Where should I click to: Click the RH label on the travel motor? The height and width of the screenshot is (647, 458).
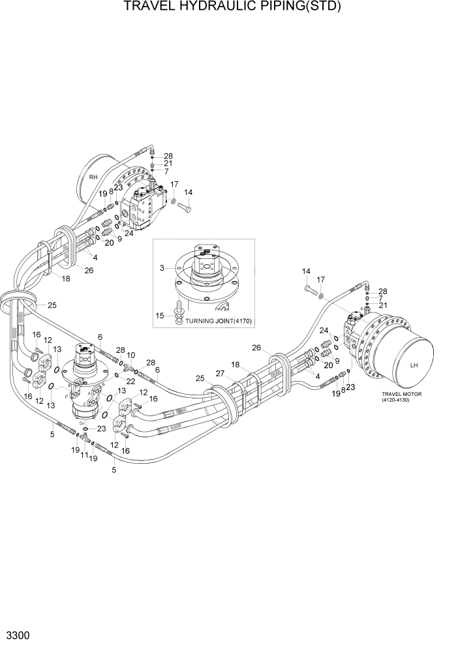coord(93,176)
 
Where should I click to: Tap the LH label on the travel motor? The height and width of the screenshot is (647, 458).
coord(413,365)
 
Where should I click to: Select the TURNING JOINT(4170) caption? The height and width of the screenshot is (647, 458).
coord(219,321)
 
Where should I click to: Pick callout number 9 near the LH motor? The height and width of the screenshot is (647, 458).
coord(337,361)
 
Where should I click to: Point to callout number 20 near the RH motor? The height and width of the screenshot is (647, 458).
coord(109,243)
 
